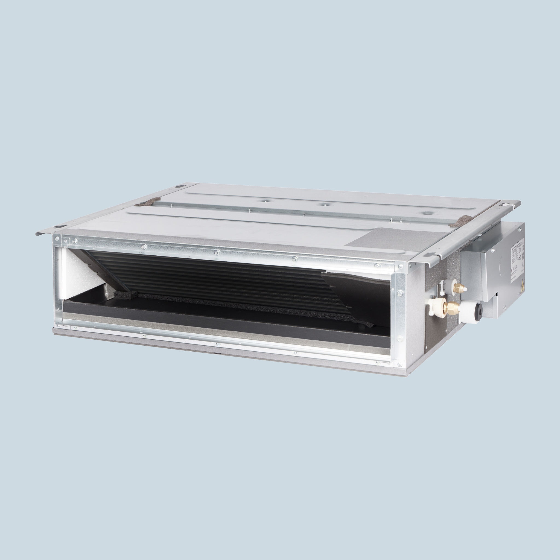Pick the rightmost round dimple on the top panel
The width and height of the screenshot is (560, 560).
425,212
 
